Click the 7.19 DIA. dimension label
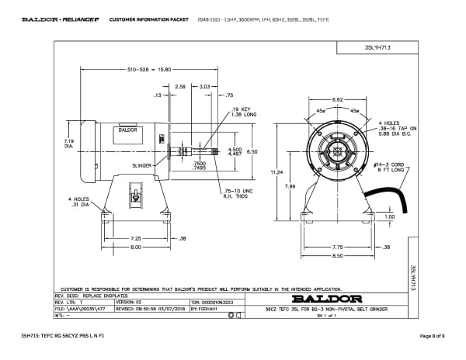68,143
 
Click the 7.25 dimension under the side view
134,238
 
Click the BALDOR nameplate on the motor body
127,130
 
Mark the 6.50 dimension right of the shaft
252,152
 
